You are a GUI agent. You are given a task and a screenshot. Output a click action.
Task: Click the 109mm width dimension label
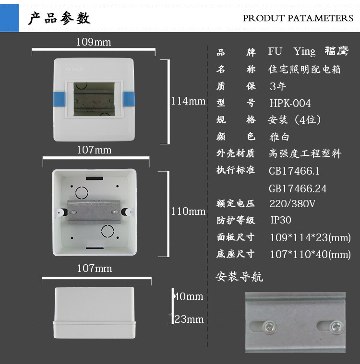[x=94, y=42]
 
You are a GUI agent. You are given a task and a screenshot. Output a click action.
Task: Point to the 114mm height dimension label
[x=188, y=101]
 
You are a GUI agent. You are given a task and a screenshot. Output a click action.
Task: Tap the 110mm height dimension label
[x=188, y=211]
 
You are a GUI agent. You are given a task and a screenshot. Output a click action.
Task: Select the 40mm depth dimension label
[x=188, y=296]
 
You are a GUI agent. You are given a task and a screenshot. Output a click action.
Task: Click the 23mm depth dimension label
[x=189, y=319]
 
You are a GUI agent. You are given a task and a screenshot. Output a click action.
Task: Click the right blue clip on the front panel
[x=129, y=99]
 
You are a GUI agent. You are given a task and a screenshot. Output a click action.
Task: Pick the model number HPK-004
[x=290, y=103]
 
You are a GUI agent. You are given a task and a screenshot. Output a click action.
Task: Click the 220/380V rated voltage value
[x=292, y=204]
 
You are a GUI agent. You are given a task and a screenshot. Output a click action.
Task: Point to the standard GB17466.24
[x=297, y=188]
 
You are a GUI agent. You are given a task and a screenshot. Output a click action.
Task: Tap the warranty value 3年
[x=278, y=87]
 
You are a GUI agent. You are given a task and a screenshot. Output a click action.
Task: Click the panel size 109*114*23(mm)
[x=310, y=237]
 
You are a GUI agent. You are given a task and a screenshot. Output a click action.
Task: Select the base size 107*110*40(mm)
[x=310, y=254]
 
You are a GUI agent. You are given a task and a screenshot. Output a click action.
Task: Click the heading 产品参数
[x=59, y=18]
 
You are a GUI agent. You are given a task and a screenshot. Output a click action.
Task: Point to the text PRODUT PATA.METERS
[x=298, y=18]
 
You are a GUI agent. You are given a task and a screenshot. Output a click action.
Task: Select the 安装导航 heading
[x=239, y=277]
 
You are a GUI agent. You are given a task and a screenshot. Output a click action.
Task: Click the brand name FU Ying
[x=292, y=52]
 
